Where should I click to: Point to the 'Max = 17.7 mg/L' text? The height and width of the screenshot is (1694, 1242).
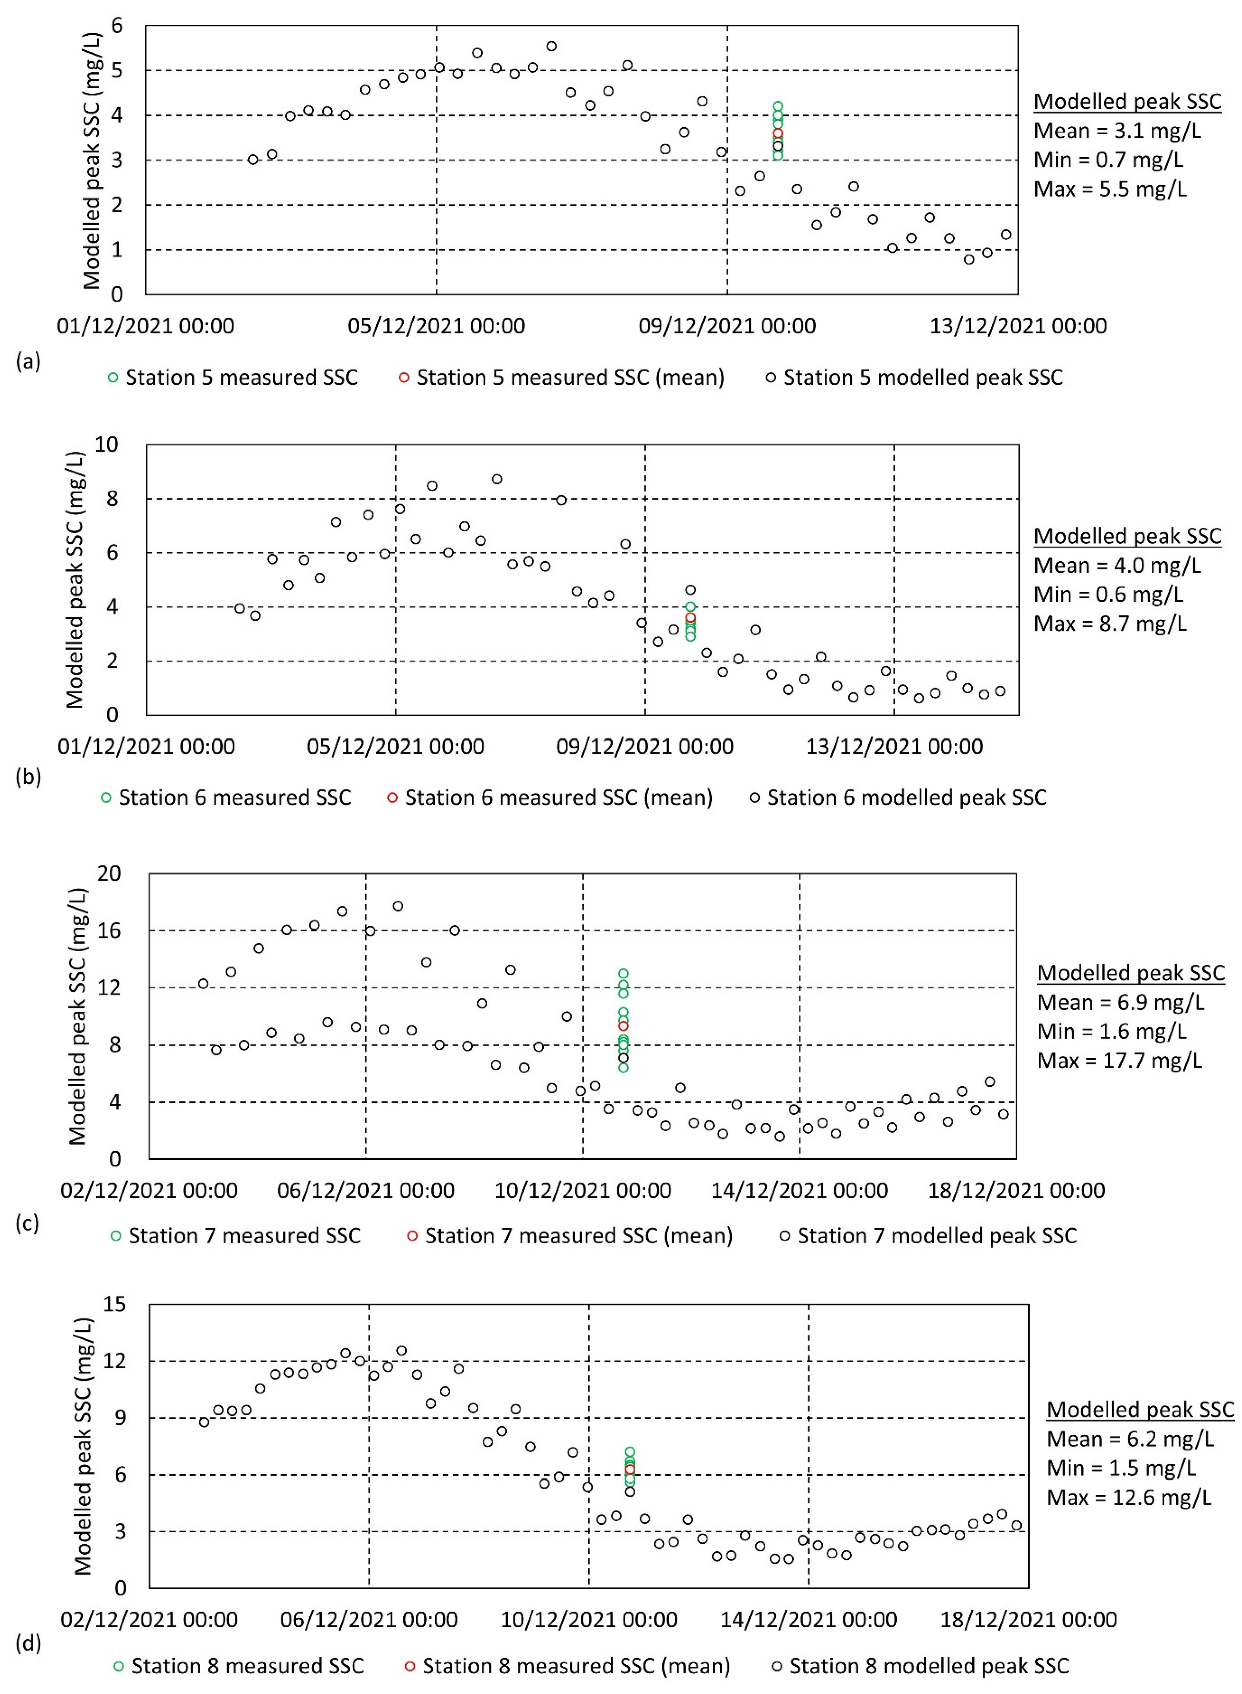click(1120, 1060)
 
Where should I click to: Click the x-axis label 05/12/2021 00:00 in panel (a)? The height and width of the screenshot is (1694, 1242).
click(436, 326)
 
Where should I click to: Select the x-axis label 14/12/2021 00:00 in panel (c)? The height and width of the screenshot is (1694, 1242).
click(799, 1190)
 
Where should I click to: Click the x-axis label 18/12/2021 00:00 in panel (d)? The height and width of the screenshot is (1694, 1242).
click(1029, 1619)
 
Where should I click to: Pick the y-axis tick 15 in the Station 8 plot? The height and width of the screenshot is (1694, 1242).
click(114, 1305)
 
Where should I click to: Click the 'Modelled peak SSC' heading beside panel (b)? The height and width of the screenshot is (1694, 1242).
click(1127, 536)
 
